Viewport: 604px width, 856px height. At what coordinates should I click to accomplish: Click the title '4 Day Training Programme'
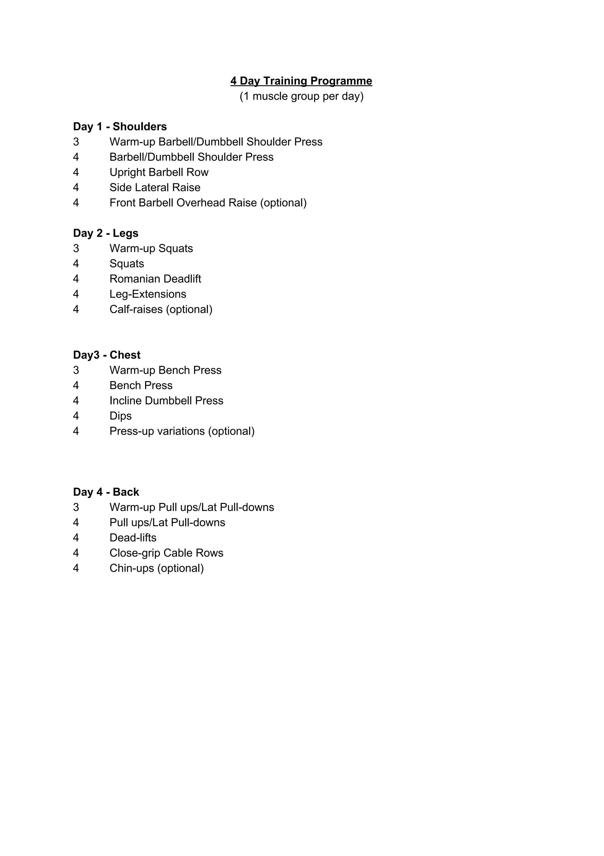pyautogui.click(x=301, y=81)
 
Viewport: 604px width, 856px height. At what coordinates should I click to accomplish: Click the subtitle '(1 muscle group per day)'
pyautogui.click(x=301, y=96)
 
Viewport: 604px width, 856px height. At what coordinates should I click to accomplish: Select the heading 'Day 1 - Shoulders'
pyautogui.click(x=120, y=127)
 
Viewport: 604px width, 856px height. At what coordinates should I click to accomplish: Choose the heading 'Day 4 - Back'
pyautogui.click(x=106, y=492)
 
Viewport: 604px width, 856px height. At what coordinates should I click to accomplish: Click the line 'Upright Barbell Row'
pyautogui.click(x=159, y=172)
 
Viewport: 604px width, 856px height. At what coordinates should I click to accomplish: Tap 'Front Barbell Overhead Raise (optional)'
pyautogui.click(x=208, y=203)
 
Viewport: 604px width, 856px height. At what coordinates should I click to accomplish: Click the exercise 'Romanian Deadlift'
pyautogui.click(x=155, y=279)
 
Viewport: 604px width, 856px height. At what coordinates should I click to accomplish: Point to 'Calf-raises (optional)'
pyautogui.click(x=161, y=309)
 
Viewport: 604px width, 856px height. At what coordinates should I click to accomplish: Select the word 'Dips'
pyautogui.click(x=120, y=416)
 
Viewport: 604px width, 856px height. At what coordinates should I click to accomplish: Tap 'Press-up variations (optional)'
pyautogui.click(x=182, y=431)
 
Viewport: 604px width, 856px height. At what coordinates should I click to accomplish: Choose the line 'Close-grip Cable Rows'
pyautogui.click(x=166, y=553)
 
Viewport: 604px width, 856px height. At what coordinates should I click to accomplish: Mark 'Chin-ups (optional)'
pyautogui.click(x=157, y=569)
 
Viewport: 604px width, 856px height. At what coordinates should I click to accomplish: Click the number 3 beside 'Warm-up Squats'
pyautogui.click(x=76, y=249)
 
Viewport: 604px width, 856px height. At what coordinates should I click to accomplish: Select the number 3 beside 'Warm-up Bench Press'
pyautogui.click(x=76, y=370)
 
